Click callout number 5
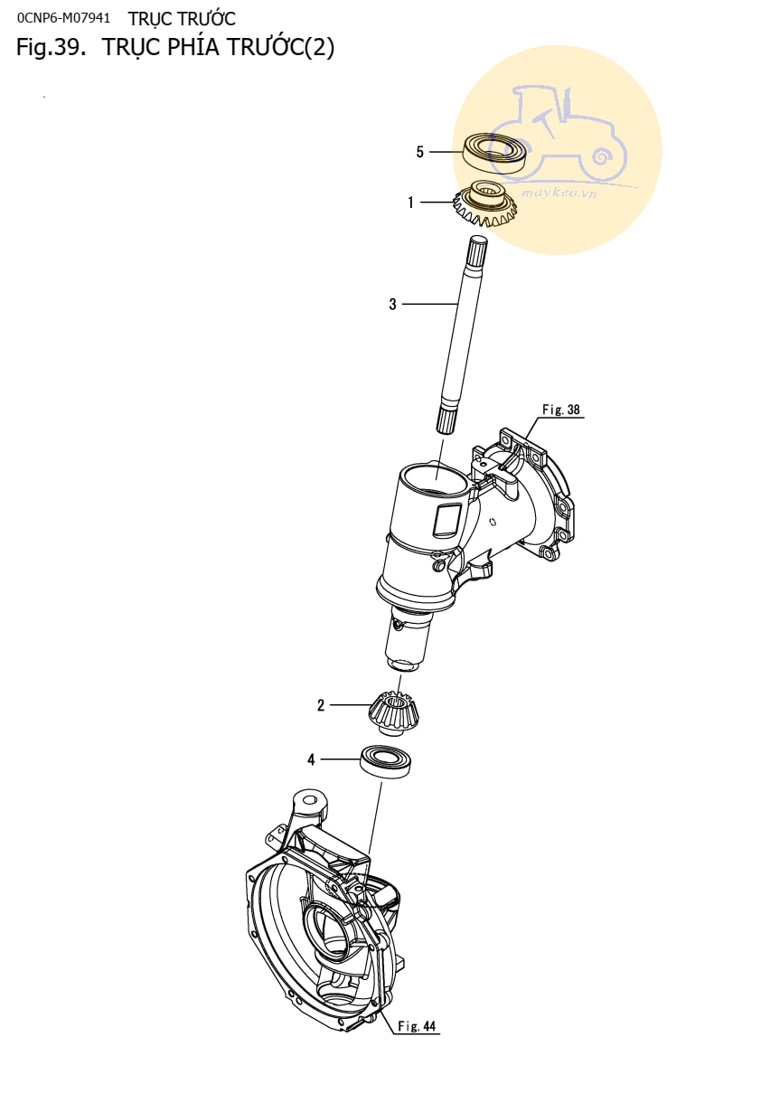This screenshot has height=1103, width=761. pos(419,152)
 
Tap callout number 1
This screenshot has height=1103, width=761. pos(410,203)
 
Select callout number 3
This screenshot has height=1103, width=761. pos(392,305)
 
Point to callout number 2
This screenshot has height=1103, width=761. pos(321,705)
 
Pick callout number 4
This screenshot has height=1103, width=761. pos(311,759)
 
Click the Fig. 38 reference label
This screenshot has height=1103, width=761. pos(560,410)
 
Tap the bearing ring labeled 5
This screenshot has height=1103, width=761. pos(495,153)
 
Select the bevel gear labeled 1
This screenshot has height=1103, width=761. pos(484,203)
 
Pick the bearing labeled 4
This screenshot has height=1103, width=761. pos(386,761)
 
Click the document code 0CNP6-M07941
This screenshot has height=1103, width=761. pos(63,18)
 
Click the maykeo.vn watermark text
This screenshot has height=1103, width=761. pos(559,192)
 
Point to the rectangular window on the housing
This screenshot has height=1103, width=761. pos(447,520)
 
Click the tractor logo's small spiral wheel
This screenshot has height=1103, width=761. pos(601,157)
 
